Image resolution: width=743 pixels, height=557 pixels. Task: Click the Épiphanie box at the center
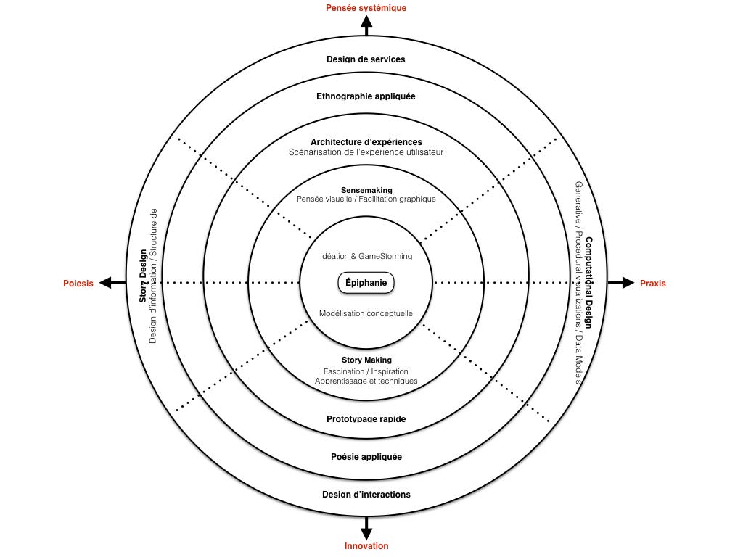[366, 283]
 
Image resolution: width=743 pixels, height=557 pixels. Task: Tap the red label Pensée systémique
[366, 8]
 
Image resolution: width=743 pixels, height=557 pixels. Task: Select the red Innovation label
[366, 546]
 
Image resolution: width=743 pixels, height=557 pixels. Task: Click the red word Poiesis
[78, 284]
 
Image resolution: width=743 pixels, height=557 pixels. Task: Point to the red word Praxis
[652, 284]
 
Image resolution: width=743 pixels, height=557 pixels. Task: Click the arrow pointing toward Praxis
[622, 283]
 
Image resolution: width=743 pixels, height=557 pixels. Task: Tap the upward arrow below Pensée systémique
[366, 27]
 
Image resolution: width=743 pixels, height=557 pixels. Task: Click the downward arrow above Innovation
[366, 527]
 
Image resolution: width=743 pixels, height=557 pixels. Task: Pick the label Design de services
[366, 59]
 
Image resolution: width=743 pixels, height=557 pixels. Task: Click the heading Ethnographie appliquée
[366, 96]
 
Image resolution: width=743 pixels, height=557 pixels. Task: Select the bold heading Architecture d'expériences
[366, 141]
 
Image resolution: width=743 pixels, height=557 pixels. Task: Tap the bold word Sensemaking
[366, 190]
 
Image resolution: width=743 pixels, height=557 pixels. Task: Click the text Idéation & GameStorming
[366, 256]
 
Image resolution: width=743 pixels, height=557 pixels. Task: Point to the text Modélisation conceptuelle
[366, 313]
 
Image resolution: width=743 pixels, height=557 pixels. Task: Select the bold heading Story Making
[366, 360]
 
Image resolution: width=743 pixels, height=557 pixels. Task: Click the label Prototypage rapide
[366, 419]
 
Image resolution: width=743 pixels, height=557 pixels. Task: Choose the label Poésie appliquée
[366, 457]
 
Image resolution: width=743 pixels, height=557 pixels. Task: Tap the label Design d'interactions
[366, 495]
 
